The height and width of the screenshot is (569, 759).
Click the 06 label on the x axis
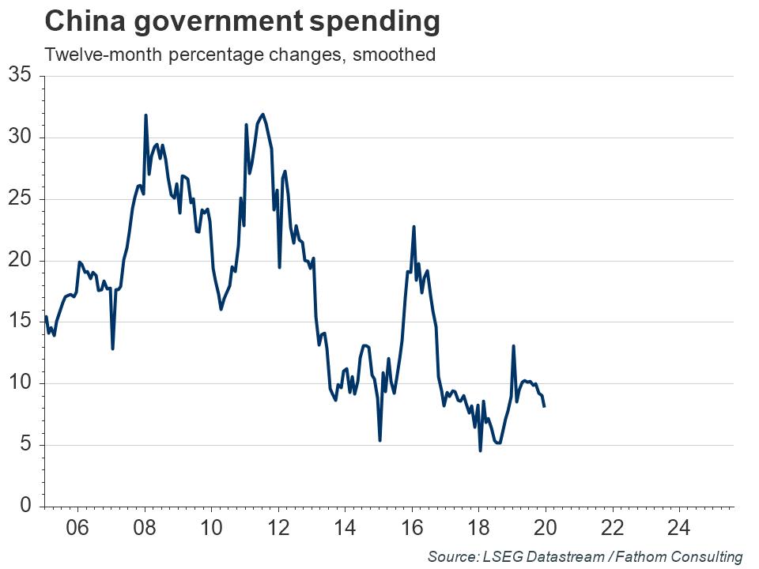coord(77,528)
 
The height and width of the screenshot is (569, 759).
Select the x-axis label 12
coord(278,528)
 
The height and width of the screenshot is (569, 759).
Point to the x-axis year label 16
coord(411,528)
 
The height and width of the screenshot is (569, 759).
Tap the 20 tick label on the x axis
coord(546,528)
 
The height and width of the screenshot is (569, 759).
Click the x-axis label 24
coord(679,528)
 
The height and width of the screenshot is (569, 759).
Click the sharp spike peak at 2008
coord(145,115)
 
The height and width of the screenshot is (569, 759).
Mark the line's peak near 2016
coord(413,227)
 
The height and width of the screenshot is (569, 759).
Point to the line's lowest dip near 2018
coord(480,450)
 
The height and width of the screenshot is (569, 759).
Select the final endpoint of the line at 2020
coord(544,405)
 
